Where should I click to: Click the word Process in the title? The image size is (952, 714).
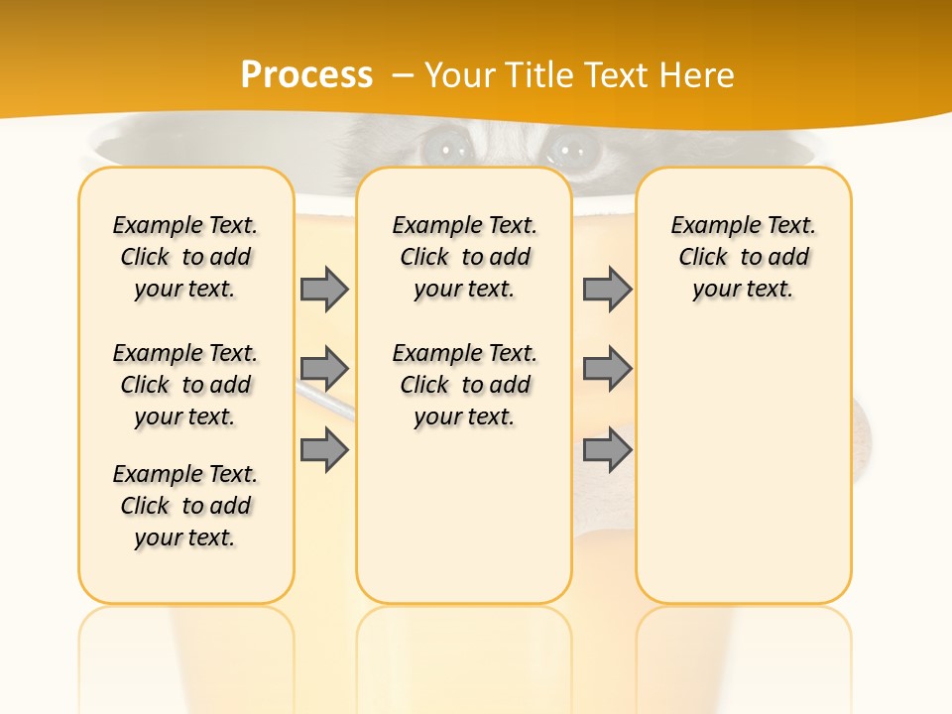point(306,75)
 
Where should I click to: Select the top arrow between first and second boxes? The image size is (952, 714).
point(324,289)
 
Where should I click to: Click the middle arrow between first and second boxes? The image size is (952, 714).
point(324,369)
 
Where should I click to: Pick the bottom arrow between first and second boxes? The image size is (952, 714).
point(324,450)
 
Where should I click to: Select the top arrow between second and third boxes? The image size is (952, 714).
point(607,289)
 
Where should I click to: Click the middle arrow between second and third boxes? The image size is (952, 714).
point(607,369)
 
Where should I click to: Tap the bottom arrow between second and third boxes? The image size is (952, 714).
point(607,450)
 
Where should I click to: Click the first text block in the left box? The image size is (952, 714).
point(185,257)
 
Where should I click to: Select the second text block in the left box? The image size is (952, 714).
point(185,385)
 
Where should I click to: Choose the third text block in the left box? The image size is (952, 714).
point(185,506)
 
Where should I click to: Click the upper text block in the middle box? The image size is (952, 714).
point(464,257)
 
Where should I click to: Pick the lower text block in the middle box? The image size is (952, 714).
point(464,385)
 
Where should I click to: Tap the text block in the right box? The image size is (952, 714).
point(743,257)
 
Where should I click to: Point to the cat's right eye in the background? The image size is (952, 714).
point(569,150)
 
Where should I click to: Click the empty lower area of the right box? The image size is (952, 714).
point(743,476)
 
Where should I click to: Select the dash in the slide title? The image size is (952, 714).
point(403,75)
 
